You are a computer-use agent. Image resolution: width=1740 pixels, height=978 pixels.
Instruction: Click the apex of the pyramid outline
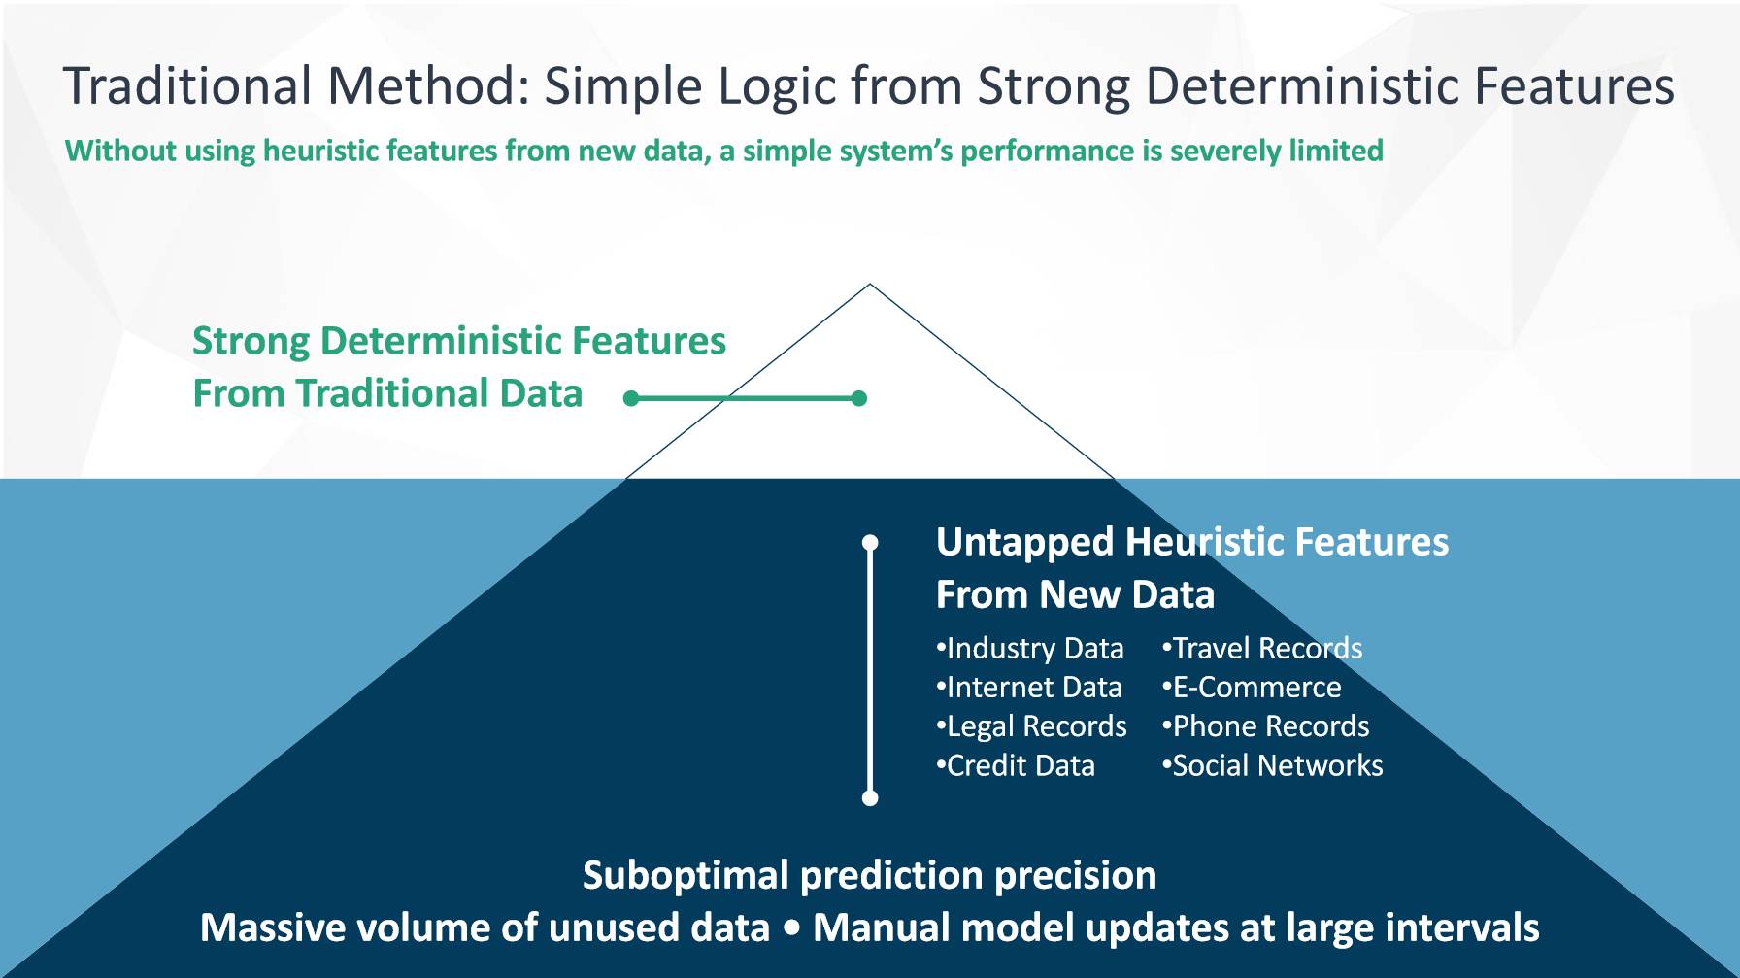point(870,285)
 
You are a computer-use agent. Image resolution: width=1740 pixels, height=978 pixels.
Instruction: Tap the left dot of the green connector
point(631,398)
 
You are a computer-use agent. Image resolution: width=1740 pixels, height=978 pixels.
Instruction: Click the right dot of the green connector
point(858,398)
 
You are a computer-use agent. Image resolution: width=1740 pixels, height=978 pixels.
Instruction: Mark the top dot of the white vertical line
point(870,542)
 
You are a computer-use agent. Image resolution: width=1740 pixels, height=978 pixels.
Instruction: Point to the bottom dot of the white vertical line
point(870,798)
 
